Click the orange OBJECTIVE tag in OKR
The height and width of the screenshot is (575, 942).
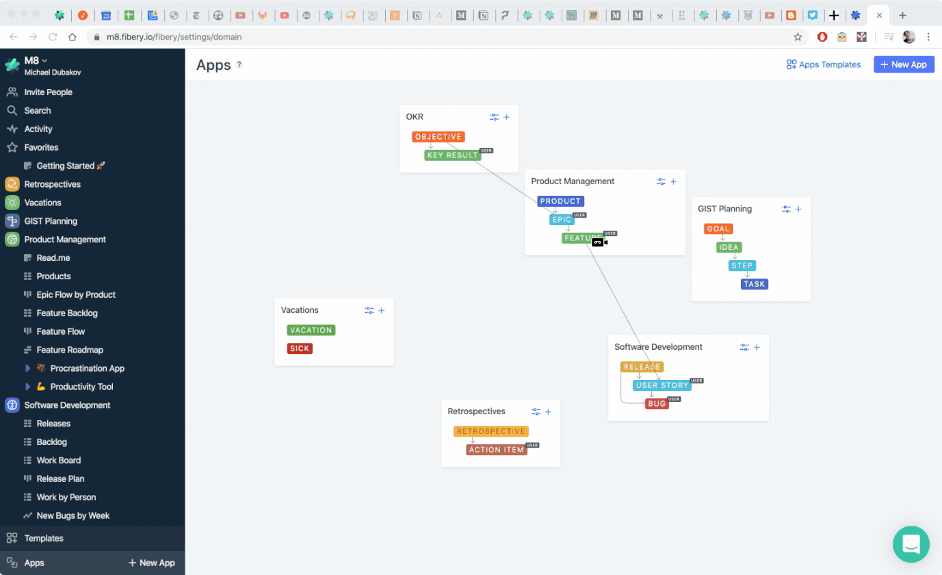tap(438, 137)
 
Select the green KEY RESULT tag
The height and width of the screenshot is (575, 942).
tap(452, 155)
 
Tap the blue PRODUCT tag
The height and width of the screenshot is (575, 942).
tap(560, 201)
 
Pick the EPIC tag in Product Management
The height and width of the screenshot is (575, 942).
tap(562, 220)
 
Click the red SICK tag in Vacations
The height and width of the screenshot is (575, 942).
tap(300, 348)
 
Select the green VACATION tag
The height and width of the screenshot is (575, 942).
tap(311, 330)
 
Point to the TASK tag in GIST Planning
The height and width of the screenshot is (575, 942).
tap(754, 284)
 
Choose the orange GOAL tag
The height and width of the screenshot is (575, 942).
tap(718, 229)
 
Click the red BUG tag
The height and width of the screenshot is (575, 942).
tap(656, 404)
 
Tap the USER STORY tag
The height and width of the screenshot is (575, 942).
tap(662, 385)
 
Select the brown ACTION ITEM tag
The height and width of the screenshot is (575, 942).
tap(496, 450)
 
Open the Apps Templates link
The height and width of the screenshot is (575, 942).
tap(824, 64)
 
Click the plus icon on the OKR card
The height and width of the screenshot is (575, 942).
tap(507, 117)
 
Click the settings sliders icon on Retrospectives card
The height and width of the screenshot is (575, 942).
tap(536, 411)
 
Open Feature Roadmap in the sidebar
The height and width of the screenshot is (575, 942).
tap(70, 350)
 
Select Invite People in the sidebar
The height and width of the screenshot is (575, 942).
tap(48, 92)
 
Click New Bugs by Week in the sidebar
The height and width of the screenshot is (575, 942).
tap(73, 515)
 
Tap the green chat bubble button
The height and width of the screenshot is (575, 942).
tap(911, 544)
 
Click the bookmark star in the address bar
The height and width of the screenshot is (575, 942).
tap(798, 37)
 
